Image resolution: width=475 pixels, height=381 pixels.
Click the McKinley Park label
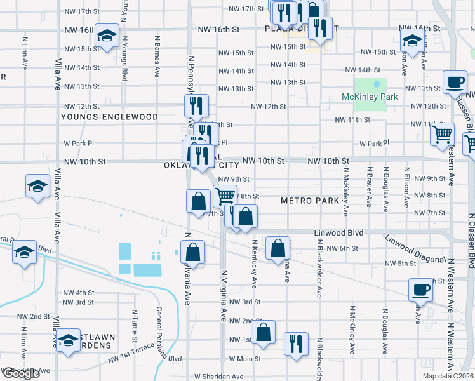[x=370, y=97]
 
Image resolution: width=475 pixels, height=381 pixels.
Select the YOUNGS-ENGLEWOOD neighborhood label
[x=109, y=117]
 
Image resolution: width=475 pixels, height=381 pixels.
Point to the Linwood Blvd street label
[x=338, y=233]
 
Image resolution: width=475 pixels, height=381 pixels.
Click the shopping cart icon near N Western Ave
[x=442, y=134]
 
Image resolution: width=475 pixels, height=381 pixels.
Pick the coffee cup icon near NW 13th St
[x=454, y=82]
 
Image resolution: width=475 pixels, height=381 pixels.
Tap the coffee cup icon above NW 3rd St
[x=420, y=290]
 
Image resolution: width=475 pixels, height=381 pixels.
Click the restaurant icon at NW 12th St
[x=197, y=105]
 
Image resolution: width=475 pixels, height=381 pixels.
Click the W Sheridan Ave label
[x=219, y=377]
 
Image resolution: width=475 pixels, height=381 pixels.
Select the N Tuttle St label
[x=135, y=324]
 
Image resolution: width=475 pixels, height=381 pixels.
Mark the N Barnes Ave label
[x=156, y=56]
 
